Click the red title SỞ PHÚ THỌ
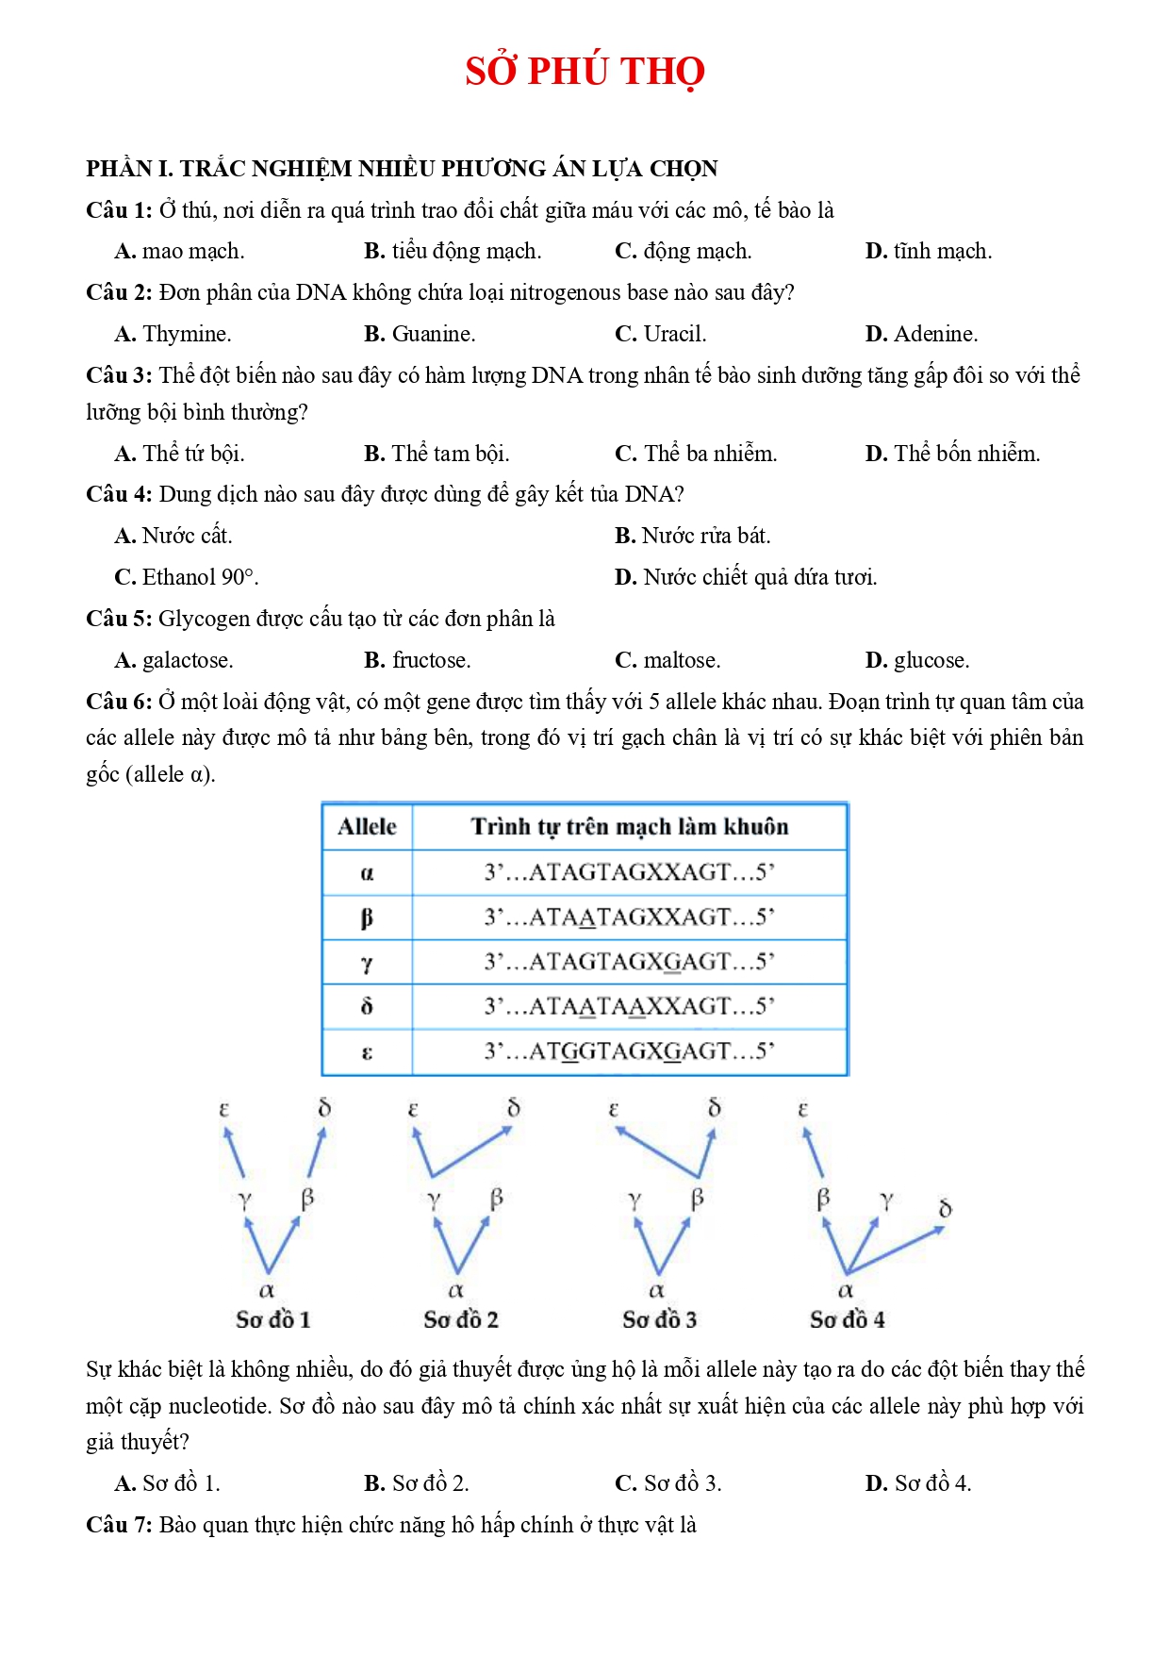(585, 72)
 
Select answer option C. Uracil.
(660, 334)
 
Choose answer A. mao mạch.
(179, 251)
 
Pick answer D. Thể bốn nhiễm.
(952, 454)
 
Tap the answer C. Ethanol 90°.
(187, 577)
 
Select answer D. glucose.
(916, 660)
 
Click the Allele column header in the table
(367, 827)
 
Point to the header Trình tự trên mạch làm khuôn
(630, 827)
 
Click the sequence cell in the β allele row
(630, 917)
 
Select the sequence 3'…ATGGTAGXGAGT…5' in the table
(630, 1051)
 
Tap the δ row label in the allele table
(367, 1006)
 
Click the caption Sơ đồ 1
(272, 1319)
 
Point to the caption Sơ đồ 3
(659, 1319)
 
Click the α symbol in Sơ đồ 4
(846, 1290)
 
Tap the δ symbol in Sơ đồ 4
(946, 1208)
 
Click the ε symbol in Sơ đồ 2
(413, 1110)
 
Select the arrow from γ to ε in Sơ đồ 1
(234, 1152)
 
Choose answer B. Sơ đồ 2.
(417, 1483)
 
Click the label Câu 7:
(119, 1525)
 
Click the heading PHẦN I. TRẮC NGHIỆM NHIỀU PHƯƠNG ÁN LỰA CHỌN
(402, 169)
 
